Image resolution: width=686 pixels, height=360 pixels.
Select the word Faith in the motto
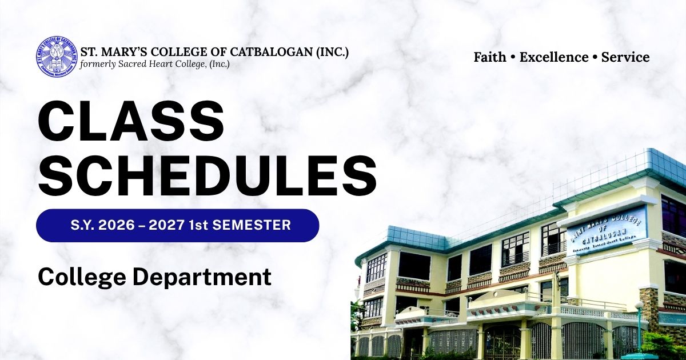point(490,57)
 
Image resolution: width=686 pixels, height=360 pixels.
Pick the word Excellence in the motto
point(554,57)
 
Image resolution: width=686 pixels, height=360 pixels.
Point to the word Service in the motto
point(625,57)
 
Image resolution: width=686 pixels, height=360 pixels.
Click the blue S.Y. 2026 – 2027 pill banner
point(177,225)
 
